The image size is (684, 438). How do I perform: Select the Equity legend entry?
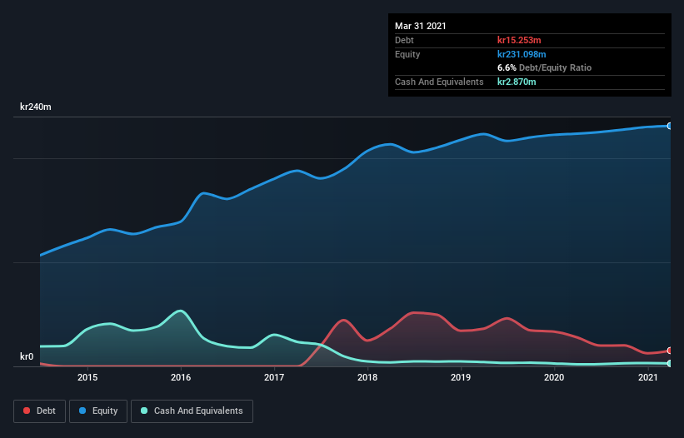98,411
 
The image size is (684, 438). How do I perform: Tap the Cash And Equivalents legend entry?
192,411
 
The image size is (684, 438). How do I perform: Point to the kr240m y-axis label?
36,107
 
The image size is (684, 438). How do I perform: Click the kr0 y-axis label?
27,357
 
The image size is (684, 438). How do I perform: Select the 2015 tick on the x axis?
87,378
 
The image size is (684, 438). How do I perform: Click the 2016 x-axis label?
181,378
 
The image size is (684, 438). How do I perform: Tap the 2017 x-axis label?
274,378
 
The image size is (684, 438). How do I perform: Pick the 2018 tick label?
367,378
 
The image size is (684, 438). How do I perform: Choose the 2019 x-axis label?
462,378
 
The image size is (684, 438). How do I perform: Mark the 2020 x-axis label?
555,378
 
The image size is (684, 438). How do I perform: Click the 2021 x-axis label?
648,378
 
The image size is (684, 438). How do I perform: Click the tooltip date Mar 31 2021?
421,26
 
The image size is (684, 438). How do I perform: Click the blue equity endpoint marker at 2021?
670,126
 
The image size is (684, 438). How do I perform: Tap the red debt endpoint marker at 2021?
670,351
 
